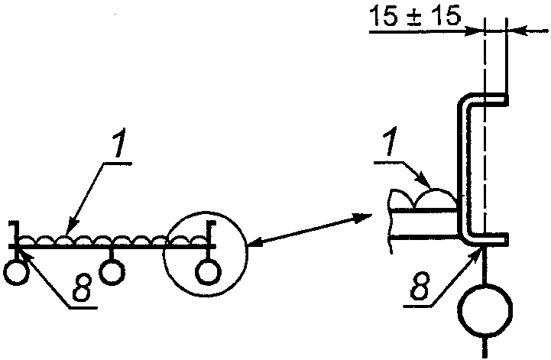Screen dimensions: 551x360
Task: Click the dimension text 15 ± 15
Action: [415, 17]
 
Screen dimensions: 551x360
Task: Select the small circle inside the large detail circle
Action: [206, 271]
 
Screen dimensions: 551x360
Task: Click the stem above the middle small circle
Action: [112, 255]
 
